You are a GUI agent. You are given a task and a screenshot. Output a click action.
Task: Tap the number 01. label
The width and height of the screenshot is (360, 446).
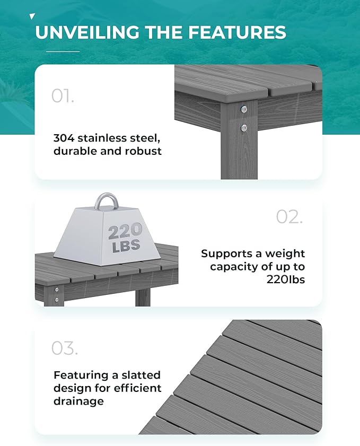point(63,96)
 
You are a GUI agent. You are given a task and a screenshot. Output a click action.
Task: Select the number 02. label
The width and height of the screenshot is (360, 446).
point(289,216)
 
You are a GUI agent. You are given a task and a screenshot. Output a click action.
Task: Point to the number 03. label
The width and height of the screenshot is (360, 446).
point(64,348)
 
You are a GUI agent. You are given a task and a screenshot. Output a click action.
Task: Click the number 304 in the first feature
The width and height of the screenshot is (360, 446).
point(64,138)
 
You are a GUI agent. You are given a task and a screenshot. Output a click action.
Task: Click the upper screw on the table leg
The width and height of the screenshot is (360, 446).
point(244,110)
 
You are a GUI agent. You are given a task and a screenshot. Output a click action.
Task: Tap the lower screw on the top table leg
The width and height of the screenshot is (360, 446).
point(244,127)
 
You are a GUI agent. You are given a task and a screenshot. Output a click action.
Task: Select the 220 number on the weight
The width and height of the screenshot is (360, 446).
point(125,231)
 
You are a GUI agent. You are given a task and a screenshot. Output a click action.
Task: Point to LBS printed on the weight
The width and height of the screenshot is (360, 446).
point(126,246)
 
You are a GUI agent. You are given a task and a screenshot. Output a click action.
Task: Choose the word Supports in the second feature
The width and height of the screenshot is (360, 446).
point(228,253)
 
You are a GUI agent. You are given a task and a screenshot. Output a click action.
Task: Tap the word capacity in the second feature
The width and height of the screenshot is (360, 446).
point(233,267)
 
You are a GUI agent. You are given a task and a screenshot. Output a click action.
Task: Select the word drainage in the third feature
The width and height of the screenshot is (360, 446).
point(78,401)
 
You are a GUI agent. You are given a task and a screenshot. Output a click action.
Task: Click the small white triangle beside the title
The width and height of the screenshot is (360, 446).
point(32,17)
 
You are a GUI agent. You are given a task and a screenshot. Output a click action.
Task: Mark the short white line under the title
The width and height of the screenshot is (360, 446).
point(63,51)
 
